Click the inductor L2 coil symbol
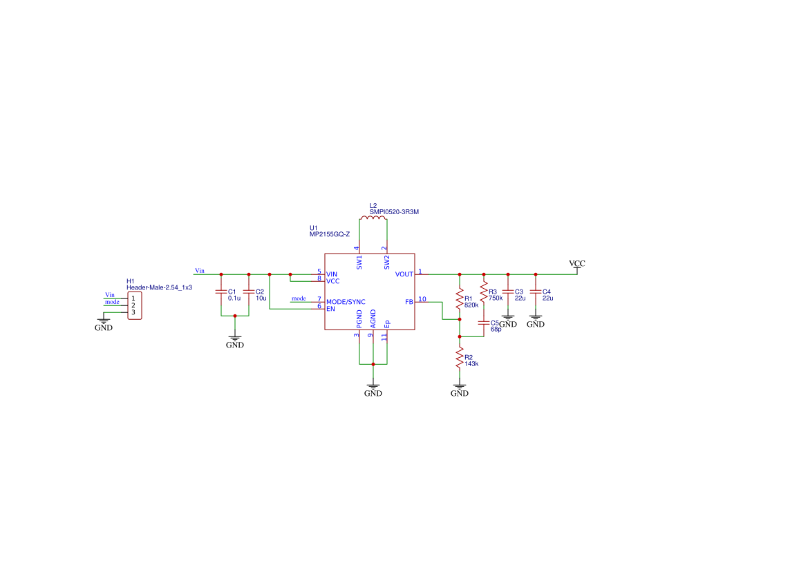373,220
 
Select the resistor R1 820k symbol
458,298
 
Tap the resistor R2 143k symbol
458,358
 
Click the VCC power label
576,264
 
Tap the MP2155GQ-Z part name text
330,235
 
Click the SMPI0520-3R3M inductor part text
394,212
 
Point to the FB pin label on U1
409,302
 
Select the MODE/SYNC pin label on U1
346,302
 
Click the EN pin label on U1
330,309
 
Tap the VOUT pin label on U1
404,274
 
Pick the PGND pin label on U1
359,319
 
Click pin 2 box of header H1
133,305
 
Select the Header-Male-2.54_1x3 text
159,287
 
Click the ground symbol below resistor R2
459,390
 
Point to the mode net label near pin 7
299,298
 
